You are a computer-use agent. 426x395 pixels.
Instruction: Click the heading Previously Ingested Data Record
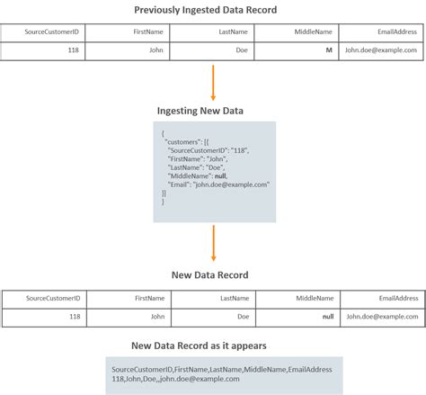coord(213,10)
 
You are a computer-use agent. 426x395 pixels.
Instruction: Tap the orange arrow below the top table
coord(213,81)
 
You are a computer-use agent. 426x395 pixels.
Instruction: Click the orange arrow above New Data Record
coord(213,240)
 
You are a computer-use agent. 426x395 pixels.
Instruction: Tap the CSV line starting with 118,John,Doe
coord(175,379)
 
